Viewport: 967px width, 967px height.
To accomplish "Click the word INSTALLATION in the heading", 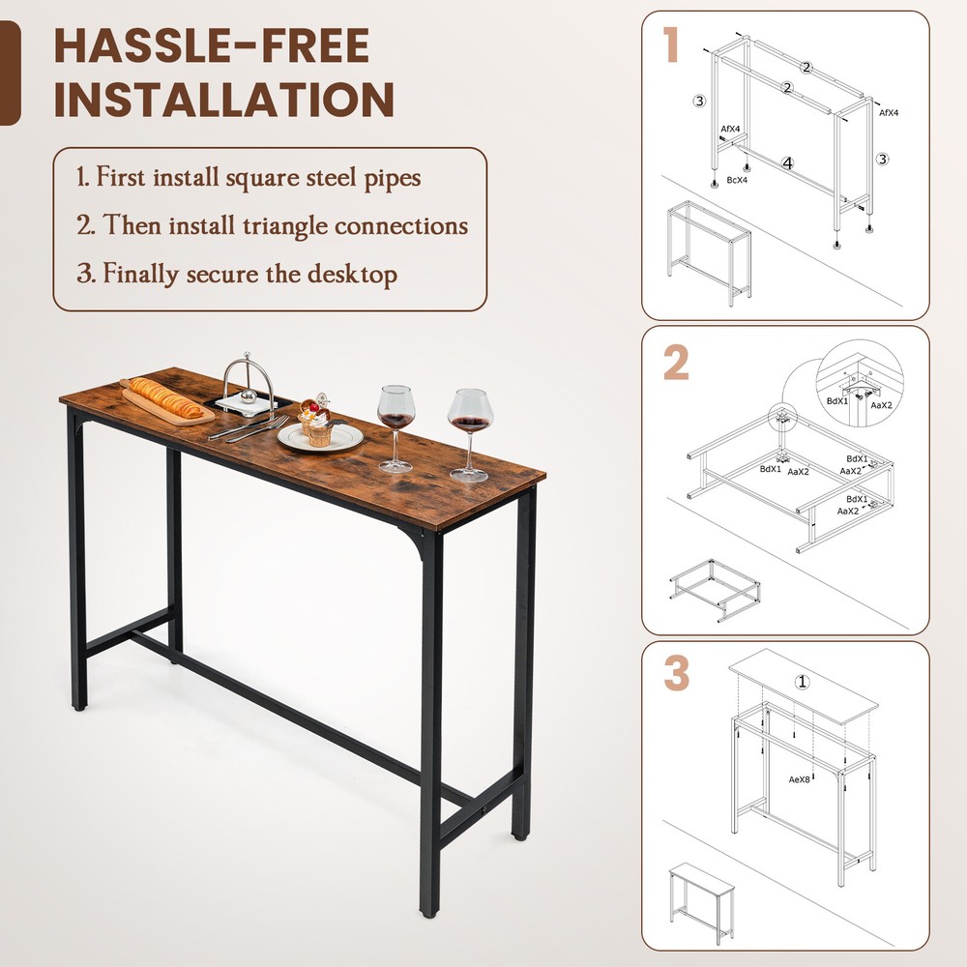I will [x=223, y=100].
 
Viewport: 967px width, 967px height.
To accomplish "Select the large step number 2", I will [x=676, y=363].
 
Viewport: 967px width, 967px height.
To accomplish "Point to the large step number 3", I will [x=676, y=675].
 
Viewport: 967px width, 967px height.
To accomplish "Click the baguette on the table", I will [x=165, y=398].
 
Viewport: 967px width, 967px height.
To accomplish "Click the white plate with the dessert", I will [x=320, y=436].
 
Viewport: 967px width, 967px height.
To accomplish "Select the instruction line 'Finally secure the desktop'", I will [x=237, y=274].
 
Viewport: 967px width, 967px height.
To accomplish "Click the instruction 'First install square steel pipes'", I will [x=249, y=178].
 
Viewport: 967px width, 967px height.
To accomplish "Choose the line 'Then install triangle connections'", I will [x=273, y=226].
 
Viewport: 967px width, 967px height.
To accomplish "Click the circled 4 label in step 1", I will [x=787, y=163].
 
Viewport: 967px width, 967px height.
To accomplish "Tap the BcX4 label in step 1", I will [x=738, y=180].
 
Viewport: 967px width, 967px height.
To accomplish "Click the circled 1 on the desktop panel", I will [x=802, y=682].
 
